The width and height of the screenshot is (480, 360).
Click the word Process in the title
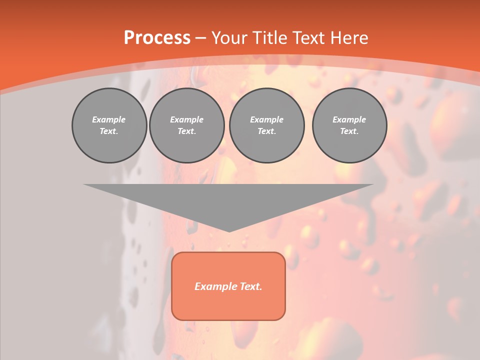coord(157,38)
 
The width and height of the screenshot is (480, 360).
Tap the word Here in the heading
coord(349,38)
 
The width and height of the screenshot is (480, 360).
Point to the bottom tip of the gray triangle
coord(229,231)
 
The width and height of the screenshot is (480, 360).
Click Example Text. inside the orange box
coord(228,286)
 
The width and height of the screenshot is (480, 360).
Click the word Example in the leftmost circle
coord(109,119)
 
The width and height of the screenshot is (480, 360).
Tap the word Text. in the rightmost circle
coord(349,131)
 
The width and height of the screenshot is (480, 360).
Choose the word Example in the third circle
coord(266,119)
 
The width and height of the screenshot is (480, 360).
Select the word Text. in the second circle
coord(187,131)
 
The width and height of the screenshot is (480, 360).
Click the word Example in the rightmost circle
coord(349,119)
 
